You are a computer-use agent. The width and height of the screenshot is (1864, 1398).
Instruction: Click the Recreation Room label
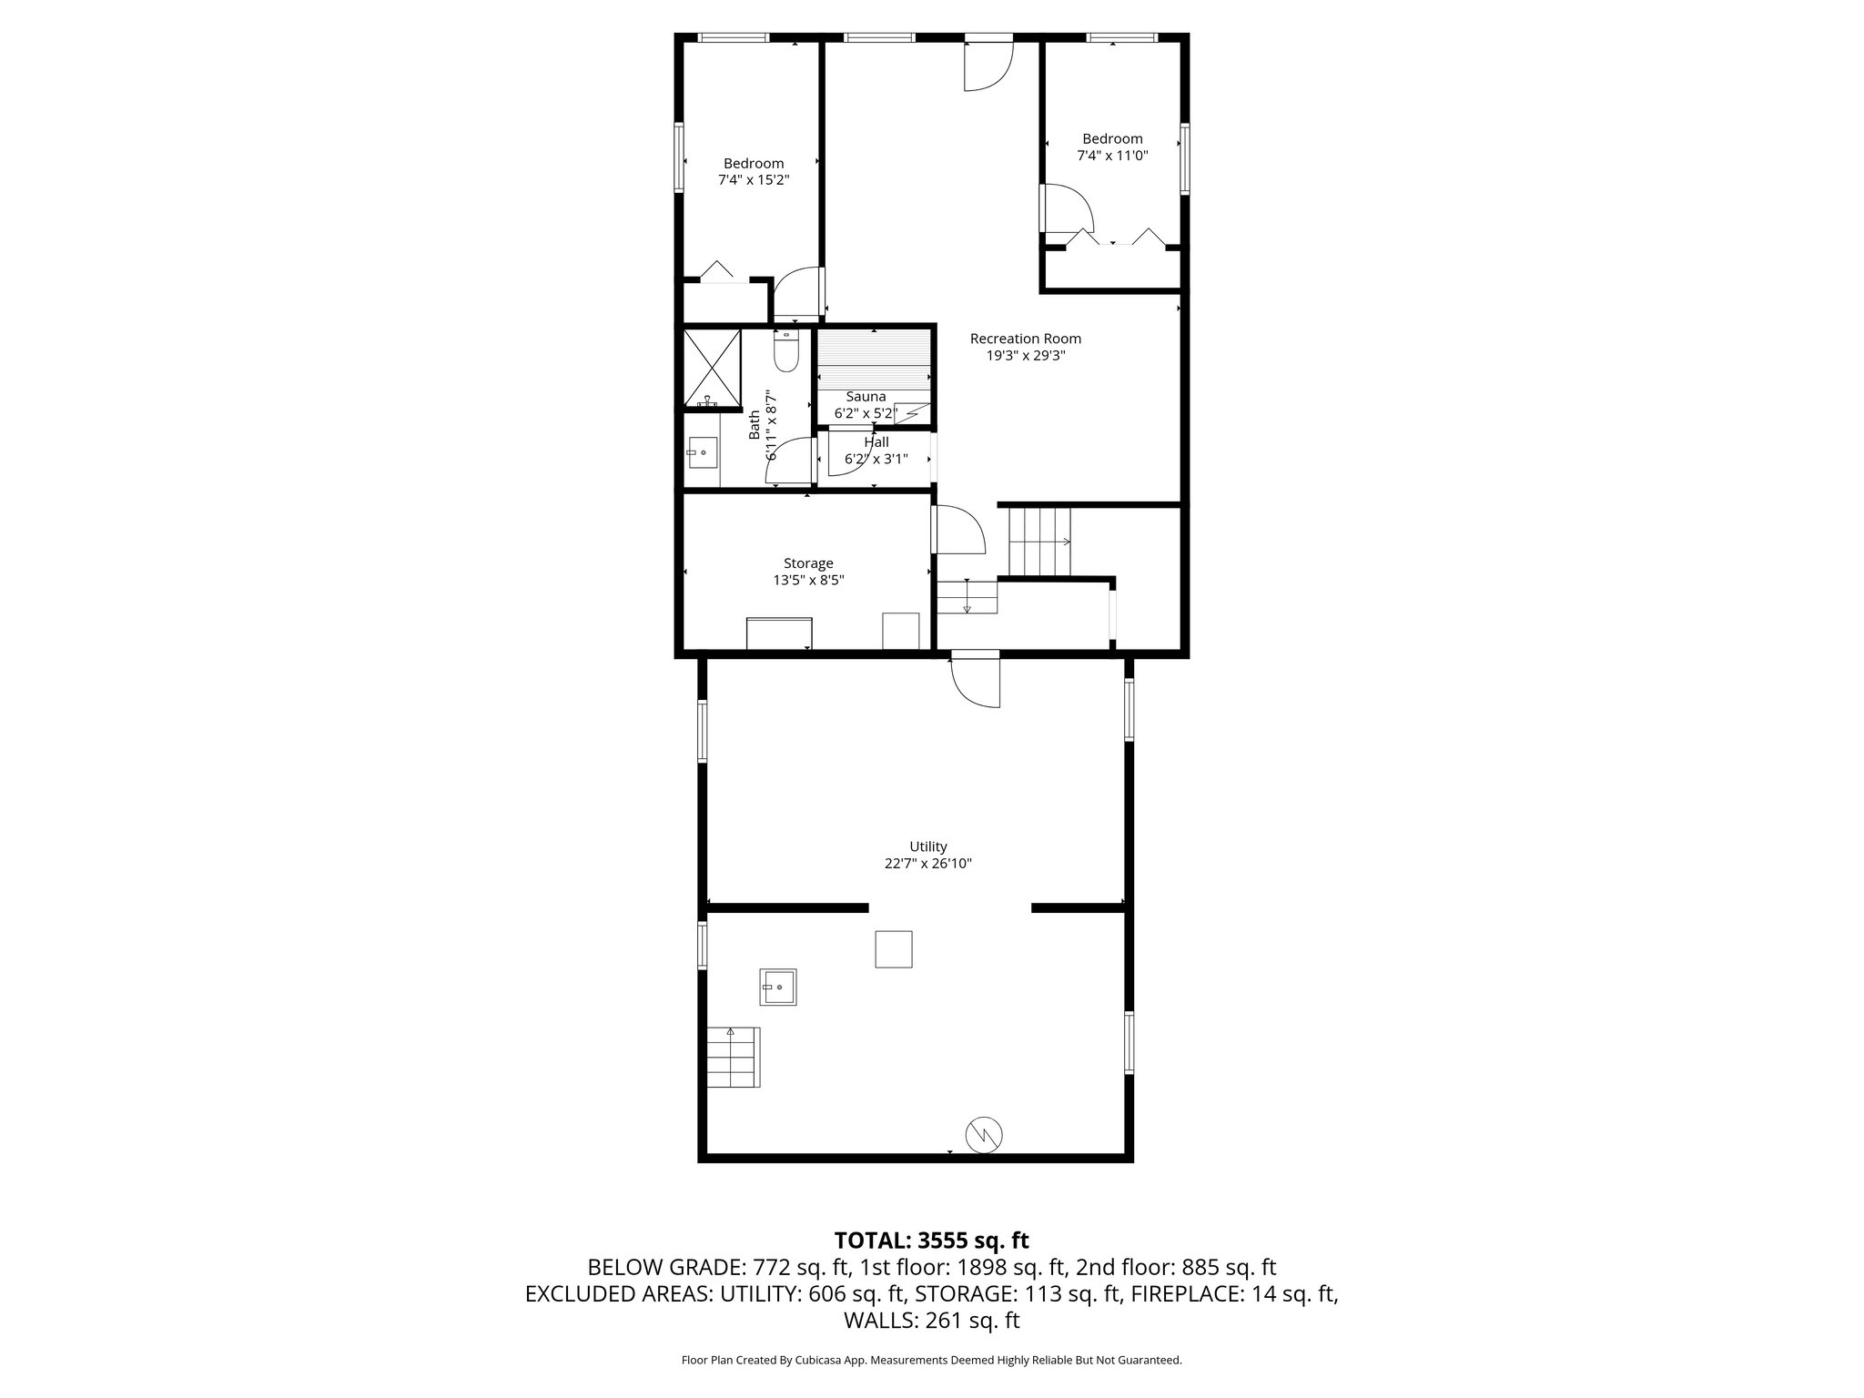1025,339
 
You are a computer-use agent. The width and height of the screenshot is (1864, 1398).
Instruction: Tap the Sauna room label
866,397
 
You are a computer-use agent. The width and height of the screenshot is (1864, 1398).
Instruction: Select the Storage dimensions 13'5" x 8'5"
808,580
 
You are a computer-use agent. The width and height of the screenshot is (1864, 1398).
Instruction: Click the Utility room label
928,846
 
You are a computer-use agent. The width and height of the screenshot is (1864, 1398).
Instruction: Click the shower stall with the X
712,368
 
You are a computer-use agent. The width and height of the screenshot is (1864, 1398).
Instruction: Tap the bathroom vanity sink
702,451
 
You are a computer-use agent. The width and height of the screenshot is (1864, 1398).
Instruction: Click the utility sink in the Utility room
779,987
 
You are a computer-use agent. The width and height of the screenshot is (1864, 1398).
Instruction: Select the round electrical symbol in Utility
984,1134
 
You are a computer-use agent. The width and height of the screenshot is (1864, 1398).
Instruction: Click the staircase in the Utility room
734,1057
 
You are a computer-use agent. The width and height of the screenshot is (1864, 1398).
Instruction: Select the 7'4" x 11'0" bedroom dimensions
1112,156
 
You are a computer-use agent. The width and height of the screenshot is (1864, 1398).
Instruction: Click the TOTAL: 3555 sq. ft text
931,1241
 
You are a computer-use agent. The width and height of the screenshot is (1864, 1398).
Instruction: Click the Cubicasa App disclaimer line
931,1361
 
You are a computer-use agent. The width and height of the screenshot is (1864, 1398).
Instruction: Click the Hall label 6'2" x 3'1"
876,451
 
